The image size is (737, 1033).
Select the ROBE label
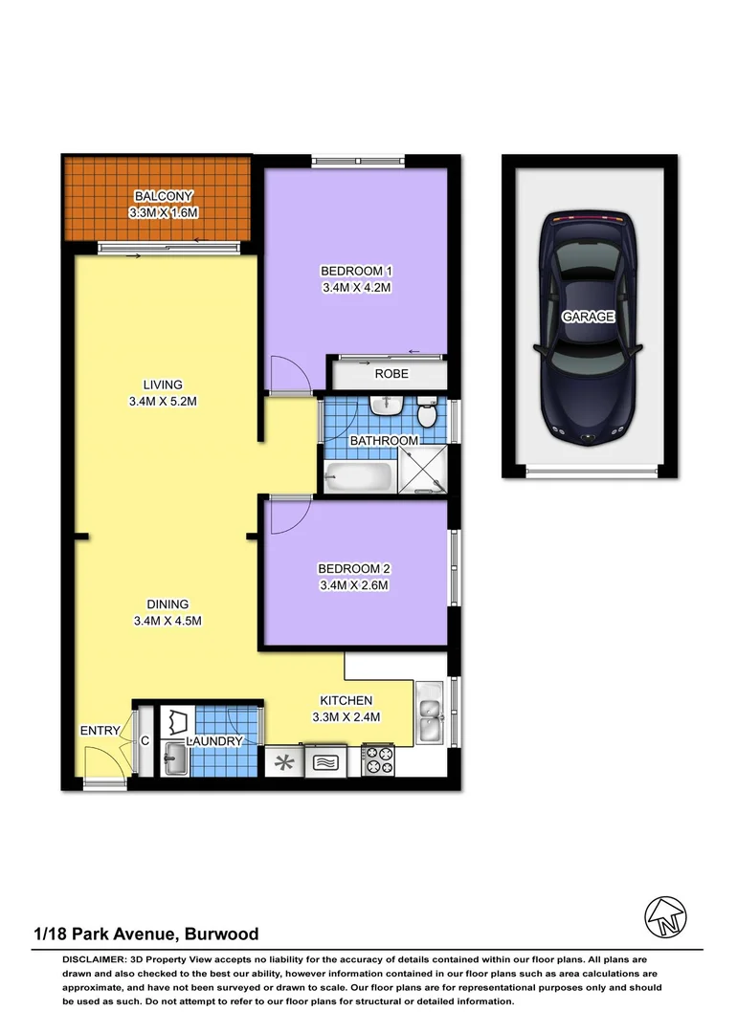(x=391, y=374)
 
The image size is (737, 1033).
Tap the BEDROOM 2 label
(x=355, y=569)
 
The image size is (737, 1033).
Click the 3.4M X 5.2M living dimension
(x=164, y=402)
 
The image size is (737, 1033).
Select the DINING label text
(x=167, y=604)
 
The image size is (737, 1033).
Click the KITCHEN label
(x=346, y=701)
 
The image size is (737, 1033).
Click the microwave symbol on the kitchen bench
(x=325, y=762)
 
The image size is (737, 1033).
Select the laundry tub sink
(x=175, y=761)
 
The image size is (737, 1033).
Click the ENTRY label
(x=100, y=732)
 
